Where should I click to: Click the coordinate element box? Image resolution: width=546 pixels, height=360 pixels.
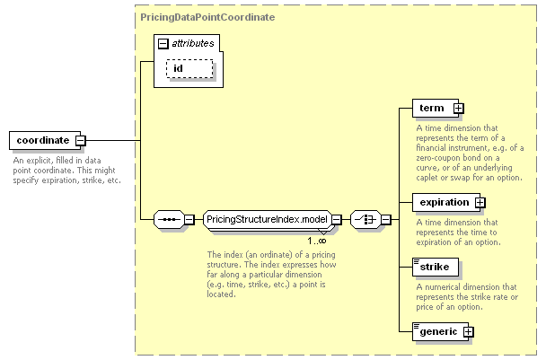pyautogui.click(x=45, y=140)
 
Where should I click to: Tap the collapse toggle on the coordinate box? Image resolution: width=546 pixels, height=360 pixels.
pyautogui.click(x=81, y=141)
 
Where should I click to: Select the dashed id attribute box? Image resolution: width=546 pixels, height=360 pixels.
pyautogui.click(x=189, y=68)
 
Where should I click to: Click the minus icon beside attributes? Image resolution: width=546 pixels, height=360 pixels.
pyautogui.click(x=163, y=43)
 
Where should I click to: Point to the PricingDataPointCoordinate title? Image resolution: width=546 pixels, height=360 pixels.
pyautogui.click(x=207, y=17)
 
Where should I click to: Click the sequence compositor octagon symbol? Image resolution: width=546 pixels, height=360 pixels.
pyautogui.click(x=169, y=219)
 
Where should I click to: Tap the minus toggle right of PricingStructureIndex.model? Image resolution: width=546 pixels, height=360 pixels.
pyautogui.click(x=337, y=219)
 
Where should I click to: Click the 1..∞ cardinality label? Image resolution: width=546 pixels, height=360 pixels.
pyautogui.click(x=317, y=241)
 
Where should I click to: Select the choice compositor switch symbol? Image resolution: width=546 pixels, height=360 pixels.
pyautogui.click(x=365, y=219)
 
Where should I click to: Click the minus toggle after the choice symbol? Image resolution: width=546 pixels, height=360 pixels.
pyautogui.click(x=386, y=219)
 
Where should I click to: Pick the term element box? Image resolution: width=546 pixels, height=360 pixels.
pyautogui.click(x=436, y=108)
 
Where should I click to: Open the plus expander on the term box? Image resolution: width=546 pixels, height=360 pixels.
pyautogui.click(x=459, y=109)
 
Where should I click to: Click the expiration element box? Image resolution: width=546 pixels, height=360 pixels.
pyautogui.click(x=446, y=202)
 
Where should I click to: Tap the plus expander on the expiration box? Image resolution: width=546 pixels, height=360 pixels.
pyautogui.click(x=480, y=203)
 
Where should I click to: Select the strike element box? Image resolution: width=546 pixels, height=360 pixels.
pyautogui.click(x=436, y=267)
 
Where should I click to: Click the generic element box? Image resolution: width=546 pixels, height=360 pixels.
pyautogui.click(x=440, y=331)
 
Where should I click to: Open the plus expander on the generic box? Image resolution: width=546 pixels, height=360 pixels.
pyautogui.click(x=469, y=332)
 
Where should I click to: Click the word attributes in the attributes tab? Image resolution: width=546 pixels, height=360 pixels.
pyautogui.click(x=193, y=43)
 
